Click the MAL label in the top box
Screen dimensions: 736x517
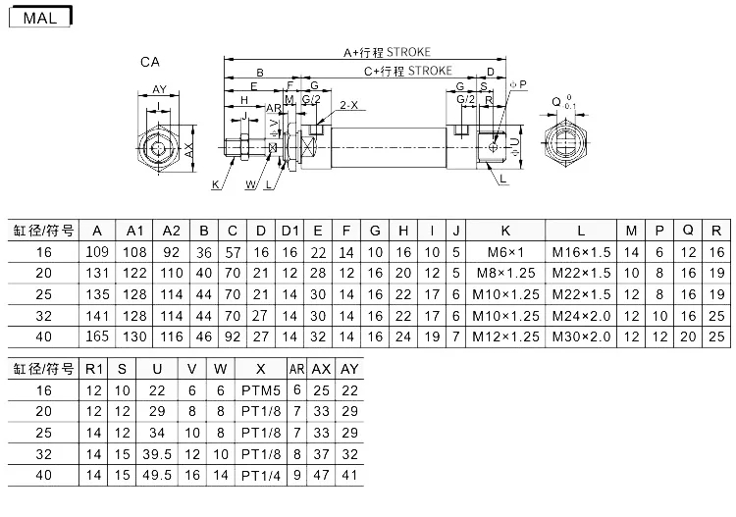click(x=40, y=18)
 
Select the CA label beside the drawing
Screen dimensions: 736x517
click(x=150, y=62)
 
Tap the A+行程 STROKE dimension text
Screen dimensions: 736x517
click(x=387, y=52)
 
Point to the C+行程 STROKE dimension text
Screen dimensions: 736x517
click(x=408, y=71)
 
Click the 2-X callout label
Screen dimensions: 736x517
click(x=348, y=105)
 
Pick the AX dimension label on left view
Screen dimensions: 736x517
click(x=188, y=150)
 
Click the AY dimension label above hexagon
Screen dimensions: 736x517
click(x=160, y=89)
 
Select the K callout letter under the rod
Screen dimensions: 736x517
click(x=216, y=184)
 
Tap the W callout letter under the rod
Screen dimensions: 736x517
click(x=251, y=184)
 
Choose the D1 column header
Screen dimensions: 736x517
click(x=289, y=231)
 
